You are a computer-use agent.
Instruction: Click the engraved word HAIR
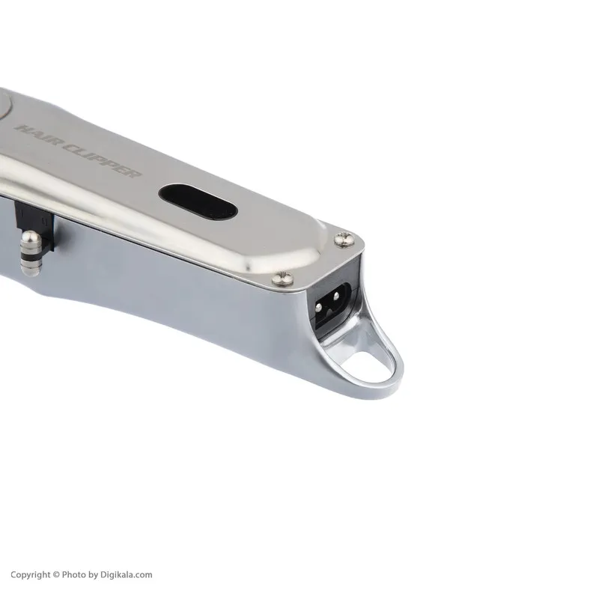point(37,135)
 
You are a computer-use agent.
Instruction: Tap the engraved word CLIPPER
point(101,161)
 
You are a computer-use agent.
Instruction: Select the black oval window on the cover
point(198,202)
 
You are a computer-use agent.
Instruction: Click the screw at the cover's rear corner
point(345,240)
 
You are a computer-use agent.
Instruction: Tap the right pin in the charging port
point(335,297)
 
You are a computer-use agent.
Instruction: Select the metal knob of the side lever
point(30,254)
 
